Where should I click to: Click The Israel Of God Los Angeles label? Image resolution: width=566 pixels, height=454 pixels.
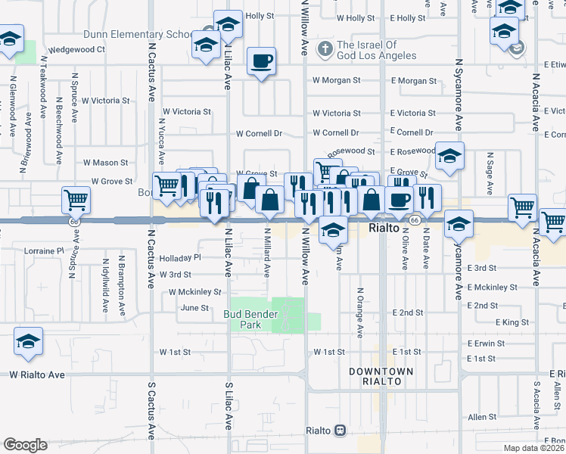(376, 50)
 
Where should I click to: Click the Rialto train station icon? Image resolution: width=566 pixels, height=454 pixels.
(340, 431)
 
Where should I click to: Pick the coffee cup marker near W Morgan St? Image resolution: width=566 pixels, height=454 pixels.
(262, 61)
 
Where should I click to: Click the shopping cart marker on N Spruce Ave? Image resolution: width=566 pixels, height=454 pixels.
(76, 201)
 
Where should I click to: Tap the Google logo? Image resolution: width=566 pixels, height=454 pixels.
(25, 445)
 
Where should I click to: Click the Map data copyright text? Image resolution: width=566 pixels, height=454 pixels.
(534, 448)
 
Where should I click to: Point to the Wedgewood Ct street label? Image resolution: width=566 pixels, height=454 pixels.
(76, 50)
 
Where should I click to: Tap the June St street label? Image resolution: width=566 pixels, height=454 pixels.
(194, 308)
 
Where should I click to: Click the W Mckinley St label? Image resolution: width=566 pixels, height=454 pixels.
(195, 291)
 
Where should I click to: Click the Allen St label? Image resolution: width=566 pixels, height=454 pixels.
(477, 417)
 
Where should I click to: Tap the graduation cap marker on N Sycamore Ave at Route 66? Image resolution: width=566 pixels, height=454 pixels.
(458, 225)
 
